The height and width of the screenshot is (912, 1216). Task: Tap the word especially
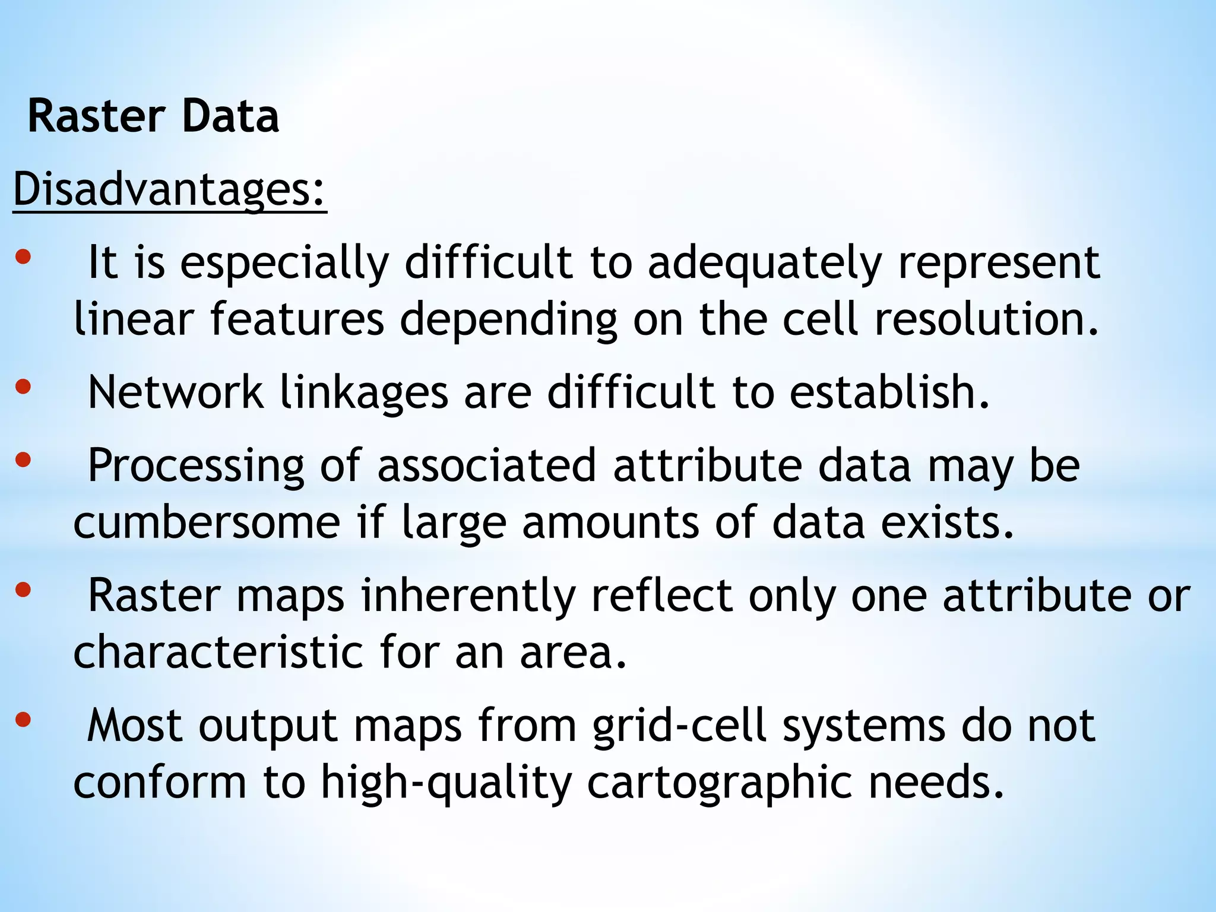(285, 262)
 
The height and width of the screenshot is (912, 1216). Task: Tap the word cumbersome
(207, 522)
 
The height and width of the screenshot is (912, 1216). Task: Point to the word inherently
(468, 596)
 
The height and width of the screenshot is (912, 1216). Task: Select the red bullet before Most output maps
(23, 720)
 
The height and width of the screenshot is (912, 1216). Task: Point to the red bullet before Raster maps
(23, 590)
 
